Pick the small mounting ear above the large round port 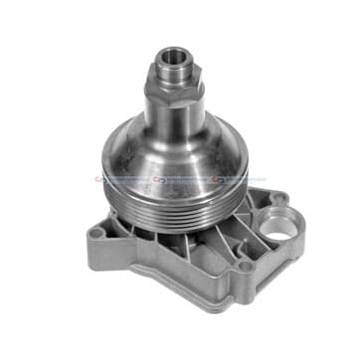pos(277,198)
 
